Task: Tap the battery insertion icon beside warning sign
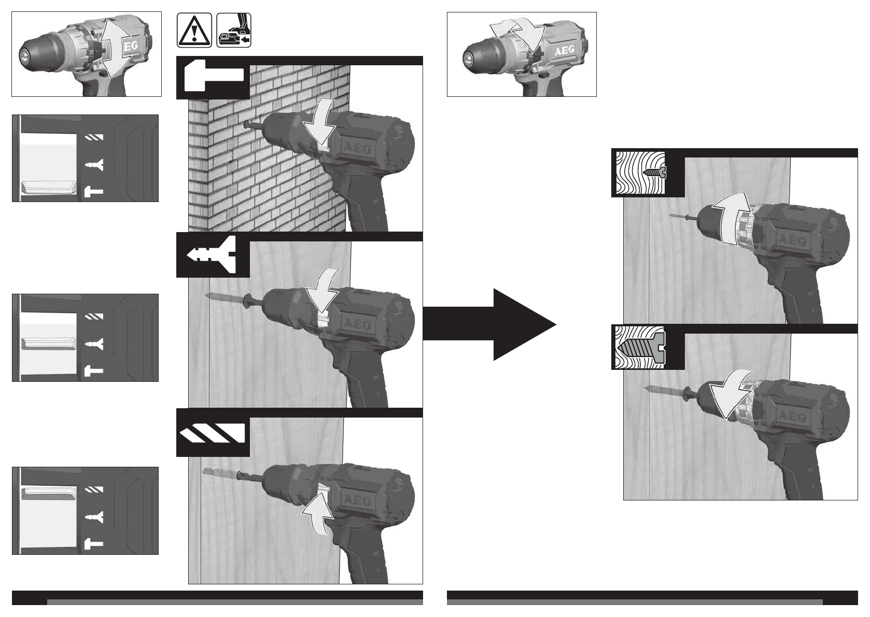point(234,31)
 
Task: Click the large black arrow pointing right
point(490,324)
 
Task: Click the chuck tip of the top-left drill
point(24,54)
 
